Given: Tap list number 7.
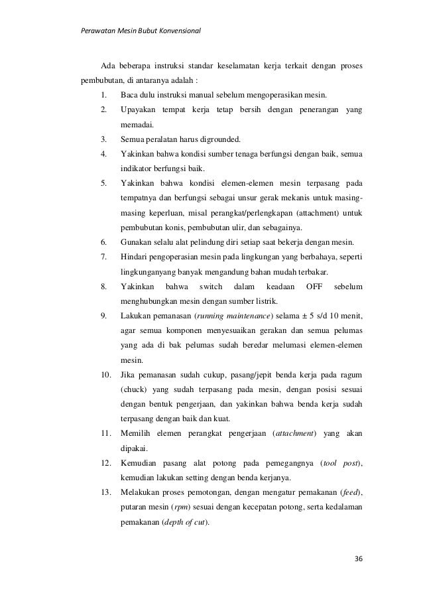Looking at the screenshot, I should pos(104,255).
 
